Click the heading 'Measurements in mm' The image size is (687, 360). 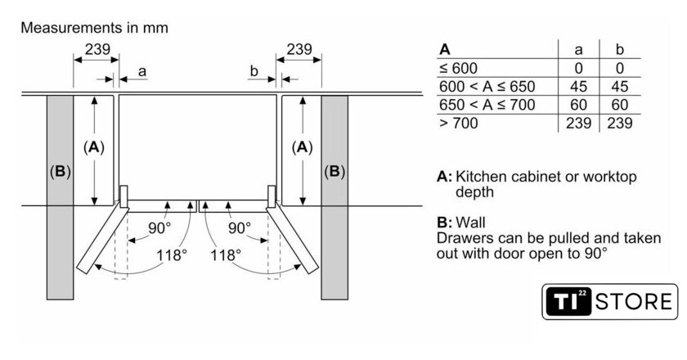[94, 28]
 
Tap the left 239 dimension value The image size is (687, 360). [97, 49]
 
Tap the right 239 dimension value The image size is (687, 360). [299, 49]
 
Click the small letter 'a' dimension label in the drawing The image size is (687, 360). [141, 72]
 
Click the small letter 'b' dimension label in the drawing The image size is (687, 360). [254, 72]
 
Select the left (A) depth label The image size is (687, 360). [94, 147]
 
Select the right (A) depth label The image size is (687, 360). [303, 147]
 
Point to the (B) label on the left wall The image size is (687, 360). [60, 172]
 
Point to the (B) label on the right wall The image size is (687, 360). [335, 172]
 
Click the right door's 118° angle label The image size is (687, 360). [226, 254]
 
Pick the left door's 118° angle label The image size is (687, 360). [170, 254]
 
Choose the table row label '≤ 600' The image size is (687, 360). [459, 68]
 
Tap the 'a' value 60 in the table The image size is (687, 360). [578, 105]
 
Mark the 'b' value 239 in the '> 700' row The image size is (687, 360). [619, 123]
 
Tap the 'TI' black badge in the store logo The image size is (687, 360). [567, 301]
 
